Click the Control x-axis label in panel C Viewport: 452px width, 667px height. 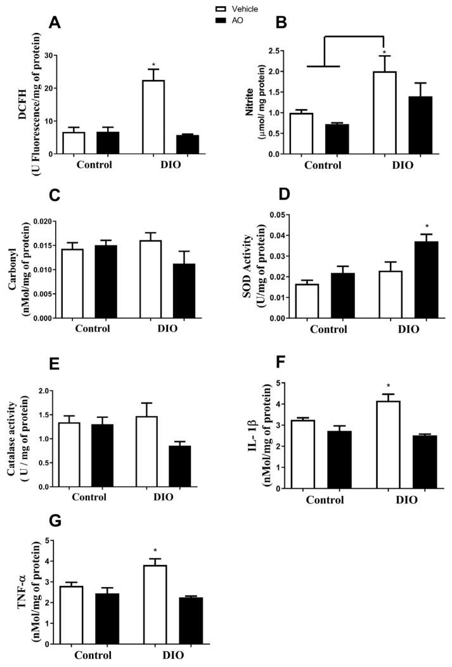click(x=92, y=329)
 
